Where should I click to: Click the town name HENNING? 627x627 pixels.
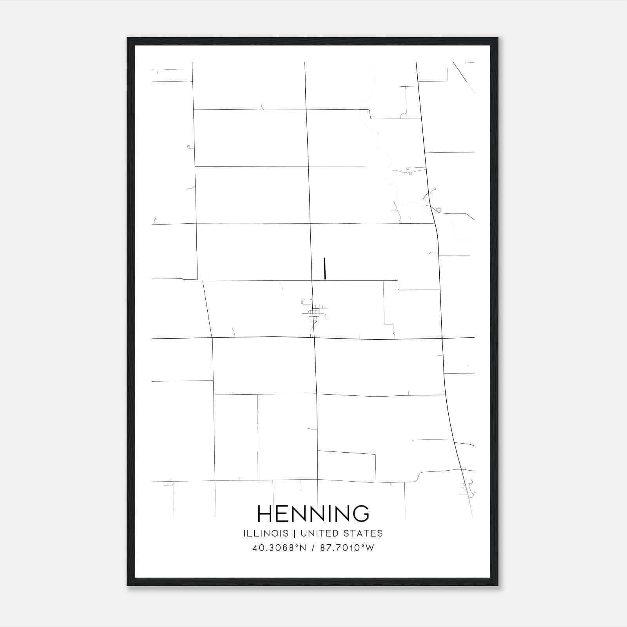pos(313,513)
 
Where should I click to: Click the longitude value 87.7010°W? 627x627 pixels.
pos(347,548)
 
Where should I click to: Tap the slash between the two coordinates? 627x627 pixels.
pos(313,548)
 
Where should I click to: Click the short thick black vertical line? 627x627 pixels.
pos(324,268)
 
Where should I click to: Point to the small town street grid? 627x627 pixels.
pos(315,313)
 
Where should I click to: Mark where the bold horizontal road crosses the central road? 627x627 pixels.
pos(314,338)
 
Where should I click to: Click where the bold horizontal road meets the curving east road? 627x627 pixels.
pos(442,338)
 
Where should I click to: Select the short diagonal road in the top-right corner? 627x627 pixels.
pos(459,72)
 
